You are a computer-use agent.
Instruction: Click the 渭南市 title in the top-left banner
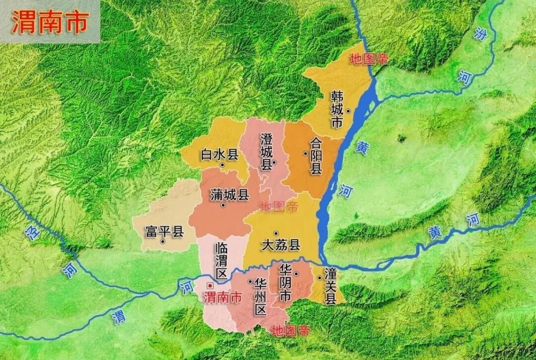click(50, 22)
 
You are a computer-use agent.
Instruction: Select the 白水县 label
click(219, 154)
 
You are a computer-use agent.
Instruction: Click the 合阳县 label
click(316, 156)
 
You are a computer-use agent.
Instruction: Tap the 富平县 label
click(164, 231)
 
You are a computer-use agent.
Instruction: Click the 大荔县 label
click(281, 245)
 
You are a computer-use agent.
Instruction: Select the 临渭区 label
click(221, 260)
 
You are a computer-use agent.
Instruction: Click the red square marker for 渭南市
click(210, 286)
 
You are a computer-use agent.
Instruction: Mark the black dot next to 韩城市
click(348, 111)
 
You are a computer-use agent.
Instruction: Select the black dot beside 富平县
click(163, 242)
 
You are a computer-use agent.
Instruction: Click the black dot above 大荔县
click(276, 233)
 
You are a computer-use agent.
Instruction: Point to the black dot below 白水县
click(222, 165)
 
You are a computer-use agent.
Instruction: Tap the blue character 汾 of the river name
click(480, 34)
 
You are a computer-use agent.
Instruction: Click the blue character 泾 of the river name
click(33, 233)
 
